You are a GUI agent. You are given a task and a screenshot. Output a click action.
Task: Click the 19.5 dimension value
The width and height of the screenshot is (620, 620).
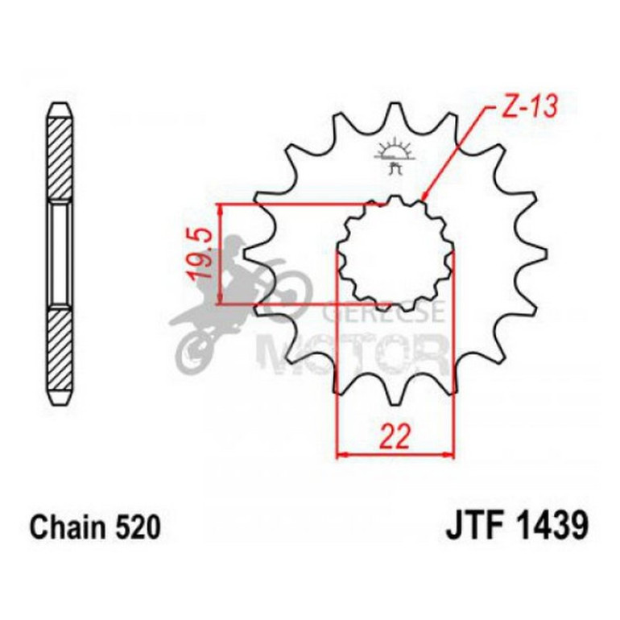point(202,254)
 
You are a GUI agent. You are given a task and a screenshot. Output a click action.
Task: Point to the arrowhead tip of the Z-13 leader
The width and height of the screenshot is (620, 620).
point(424,198)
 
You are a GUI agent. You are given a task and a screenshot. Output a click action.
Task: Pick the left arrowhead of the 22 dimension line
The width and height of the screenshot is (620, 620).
point(339,456)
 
